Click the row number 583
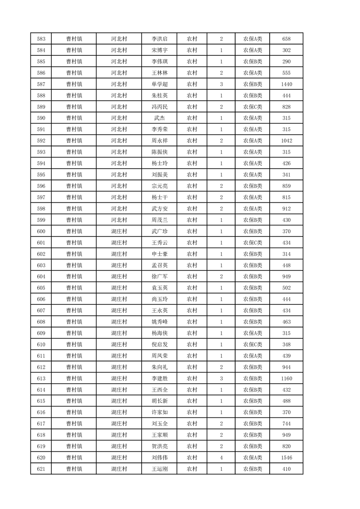click(x=41, y=39)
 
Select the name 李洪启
click(x=160, y=39)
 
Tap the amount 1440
click(x=286, y=84)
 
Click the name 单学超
click(x=160, y=84)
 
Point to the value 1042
click(x=286, y=141)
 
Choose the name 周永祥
click(x=160, y=141)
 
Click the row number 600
click(x=41, y=231)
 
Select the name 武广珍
click(x=160, y=231)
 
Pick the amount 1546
click(x=286, y=458)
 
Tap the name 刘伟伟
click(x=160, y=458)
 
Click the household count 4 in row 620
click(x=221, y=458)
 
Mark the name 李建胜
click(x=160, y=378)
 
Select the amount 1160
click(x=286, y=378)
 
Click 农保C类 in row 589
click(x=253, y=107)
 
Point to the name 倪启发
click(x=160, y=344)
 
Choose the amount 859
click(x=286, y=186)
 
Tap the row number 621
click(x=41, y=469)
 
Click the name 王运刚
click(x=160, y=469)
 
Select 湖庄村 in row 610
click(x=119, y=344)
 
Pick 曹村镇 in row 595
click(x=74, y=175)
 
